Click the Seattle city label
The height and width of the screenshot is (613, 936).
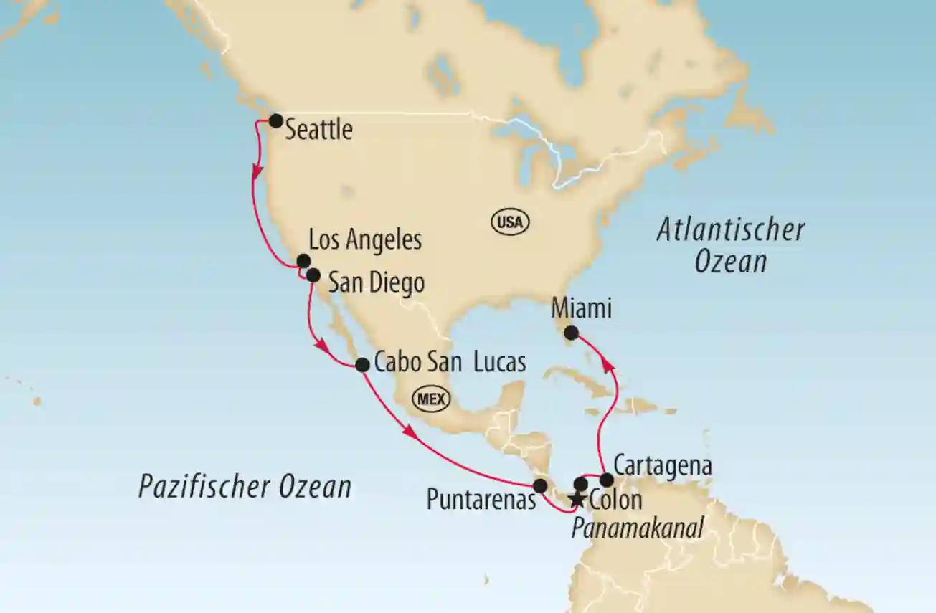[x=318, y=130]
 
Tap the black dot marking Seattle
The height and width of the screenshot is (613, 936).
[x=275, y=120]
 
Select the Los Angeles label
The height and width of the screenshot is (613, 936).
[x=365, y=241]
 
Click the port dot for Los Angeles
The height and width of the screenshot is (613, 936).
[x=303, y=261]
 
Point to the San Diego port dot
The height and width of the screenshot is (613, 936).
[x=313, y=275]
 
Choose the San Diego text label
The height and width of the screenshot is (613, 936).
[x=376, y=283]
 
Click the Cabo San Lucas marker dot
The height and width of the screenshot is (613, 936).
[x=363, y=364]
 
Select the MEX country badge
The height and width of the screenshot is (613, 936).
[x=430, y=399]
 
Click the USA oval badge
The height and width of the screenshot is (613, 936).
[x=510, y=222]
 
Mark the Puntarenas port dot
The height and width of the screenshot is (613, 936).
[x=540, y=485]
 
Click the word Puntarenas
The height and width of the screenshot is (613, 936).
[x=481, y=500]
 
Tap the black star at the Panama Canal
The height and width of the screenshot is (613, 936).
[x=575, y=499]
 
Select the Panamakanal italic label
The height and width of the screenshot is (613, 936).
[x=636, y=528]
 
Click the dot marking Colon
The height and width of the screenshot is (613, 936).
[x=582, y=484]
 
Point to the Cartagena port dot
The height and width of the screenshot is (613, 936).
[x=606, y=480]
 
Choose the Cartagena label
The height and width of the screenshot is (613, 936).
[x=663, y=465]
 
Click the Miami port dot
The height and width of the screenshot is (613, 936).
[x=571, y=333]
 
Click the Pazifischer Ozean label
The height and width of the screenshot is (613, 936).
[x=245, y=487]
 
